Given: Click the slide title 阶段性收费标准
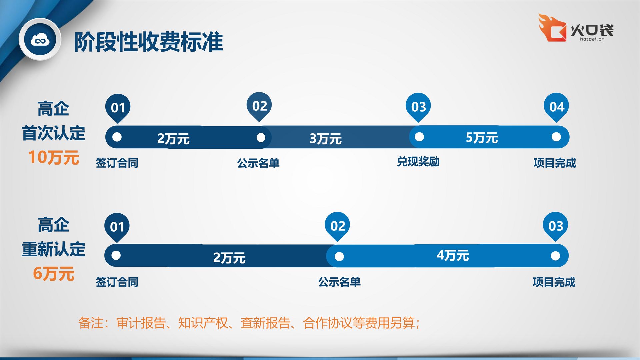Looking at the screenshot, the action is point(148,42).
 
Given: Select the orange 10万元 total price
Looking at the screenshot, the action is point(54,157).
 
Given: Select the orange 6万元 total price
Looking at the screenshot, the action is point(54,274).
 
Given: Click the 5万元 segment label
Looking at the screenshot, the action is point(482,138).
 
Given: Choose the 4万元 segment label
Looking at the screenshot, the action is point(453,256).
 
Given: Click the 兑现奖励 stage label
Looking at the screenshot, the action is point(418,162).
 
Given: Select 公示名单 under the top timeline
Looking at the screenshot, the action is point(258,163).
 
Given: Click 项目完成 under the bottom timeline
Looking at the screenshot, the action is point(554,282).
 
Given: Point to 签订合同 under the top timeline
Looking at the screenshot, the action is point(117,163).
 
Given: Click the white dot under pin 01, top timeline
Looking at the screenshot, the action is point(117,137).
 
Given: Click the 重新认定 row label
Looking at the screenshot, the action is point(54,249).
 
